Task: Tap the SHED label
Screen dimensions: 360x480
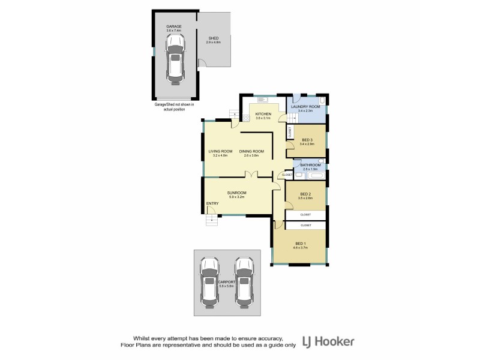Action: click(x=214, y=38)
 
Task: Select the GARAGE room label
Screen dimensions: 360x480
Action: click(x=173, y=27)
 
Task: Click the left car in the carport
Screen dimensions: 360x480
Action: click(x=209, y=281)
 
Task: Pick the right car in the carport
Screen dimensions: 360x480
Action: click(x=244, y=281)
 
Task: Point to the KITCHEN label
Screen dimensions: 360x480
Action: click(x=263, y=114)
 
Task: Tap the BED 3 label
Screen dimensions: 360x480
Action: click(x=308, y=140)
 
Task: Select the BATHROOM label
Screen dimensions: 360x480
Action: click(x=310, y=165)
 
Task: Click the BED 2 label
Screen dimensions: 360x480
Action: click(x=305, y=194)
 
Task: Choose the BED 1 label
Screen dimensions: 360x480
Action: click(x=300, y=244)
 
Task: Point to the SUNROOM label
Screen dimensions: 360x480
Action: click(x=237, y=193)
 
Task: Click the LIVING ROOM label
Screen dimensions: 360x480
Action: click(x=220, y=151)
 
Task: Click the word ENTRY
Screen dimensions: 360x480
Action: click(x=212, y=203)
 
